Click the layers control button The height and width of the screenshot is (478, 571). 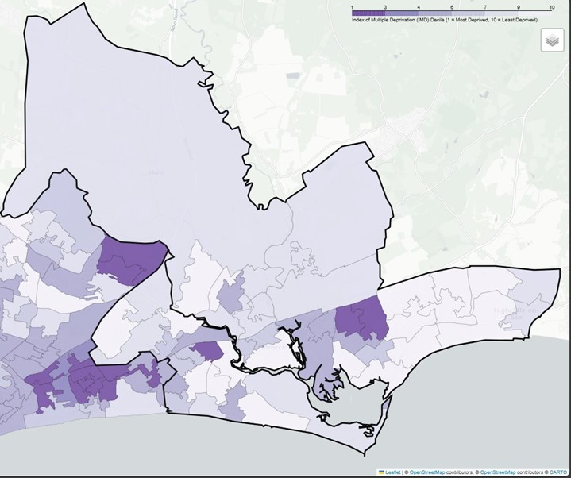tap(552, 40)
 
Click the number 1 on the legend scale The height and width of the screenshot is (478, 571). tap(352, 6)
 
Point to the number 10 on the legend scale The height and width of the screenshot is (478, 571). tap(551, 6)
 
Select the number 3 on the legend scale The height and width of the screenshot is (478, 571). tap(385, 6)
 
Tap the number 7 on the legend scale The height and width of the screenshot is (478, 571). tap(484, 6)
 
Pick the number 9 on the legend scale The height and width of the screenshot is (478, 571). tap(518, 6)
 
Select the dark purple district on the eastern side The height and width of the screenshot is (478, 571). tap(362, 322)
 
